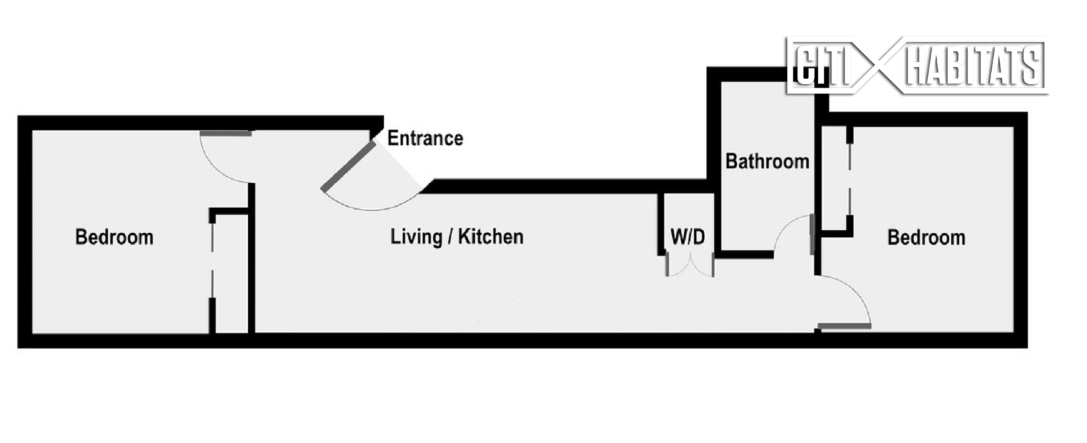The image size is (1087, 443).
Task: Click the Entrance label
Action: pyautogui.click(x=425, y=138)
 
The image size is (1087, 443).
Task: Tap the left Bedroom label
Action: pyautogui.click(x=114, y=237)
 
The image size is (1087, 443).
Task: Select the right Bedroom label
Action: pyautogui.click(x=926, y=237)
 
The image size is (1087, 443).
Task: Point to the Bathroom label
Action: pyautogui.click(x=767, y=162)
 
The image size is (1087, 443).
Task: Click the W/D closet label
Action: pyautogui.click(x=688, y=237)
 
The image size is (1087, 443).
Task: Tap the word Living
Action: pyautogui.click(x=416, y=237)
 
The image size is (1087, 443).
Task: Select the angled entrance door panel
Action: pyautogui.click(x=347, y=166)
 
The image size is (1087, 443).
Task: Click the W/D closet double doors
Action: pyautogui.click(x=690, y=267)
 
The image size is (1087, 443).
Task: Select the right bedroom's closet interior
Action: pyautogui.click(x=835, y=180)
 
